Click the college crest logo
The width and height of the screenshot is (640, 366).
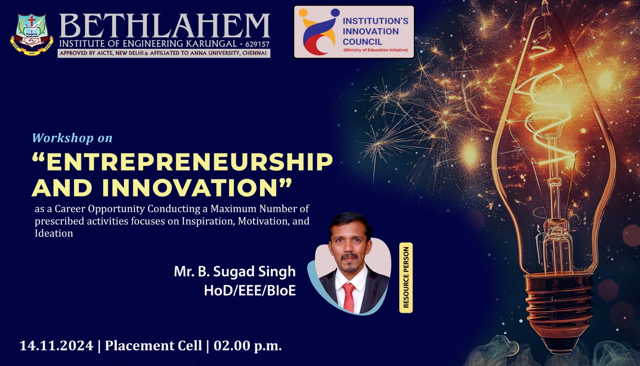click(32, 34)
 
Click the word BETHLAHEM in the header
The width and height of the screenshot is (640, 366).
click(164, 25)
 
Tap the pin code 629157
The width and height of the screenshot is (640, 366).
click(257, 44)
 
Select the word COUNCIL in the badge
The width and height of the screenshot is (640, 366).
click(362, 42)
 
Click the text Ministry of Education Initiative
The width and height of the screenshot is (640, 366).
click(376, 50)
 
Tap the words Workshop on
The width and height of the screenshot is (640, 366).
click(72, 138)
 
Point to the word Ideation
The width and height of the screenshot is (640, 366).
click(54, 233)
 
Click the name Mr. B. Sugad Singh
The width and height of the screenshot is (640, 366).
click(234, 271)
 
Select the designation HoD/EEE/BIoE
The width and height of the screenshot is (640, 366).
click(250, 290)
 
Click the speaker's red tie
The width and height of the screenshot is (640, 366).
click(349, 298)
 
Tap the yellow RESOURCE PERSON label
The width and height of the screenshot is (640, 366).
click(406, 278)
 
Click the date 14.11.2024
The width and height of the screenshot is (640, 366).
click(56, 346)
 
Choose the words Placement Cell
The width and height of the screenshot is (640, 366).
click(154, 346)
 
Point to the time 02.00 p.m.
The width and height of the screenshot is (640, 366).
click(248, 346)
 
